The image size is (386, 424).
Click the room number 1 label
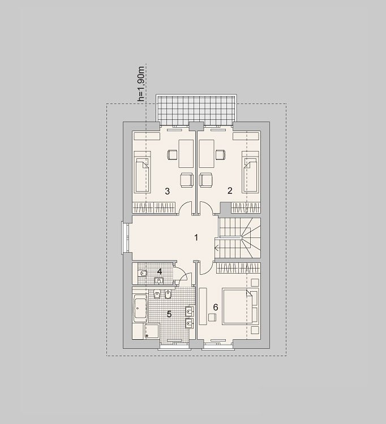[196, 237]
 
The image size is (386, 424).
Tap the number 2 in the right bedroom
[230, 191]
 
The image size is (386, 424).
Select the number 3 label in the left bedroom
[168, 191]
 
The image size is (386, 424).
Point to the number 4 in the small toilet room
[160, 271]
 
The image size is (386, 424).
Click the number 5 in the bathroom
[169, 314]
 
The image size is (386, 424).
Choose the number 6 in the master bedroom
[216, 307]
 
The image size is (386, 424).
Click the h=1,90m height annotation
[141, 84]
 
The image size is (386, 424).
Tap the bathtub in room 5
[140, 308]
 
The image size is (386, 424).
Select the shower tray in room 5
[152, 331]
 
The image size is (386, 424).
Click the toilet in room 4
[143, 274]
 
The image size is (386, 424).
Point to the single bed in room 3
[143, 172]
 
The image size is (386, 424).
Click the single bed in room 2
[250, 172]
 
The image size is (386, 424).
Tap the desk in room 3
[186, 154]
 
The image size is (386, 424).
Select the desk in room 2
[207, 154]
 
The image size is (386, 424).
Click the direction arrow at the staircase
[217, 248]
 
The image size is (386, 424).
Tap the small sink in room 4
[158, 280]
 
